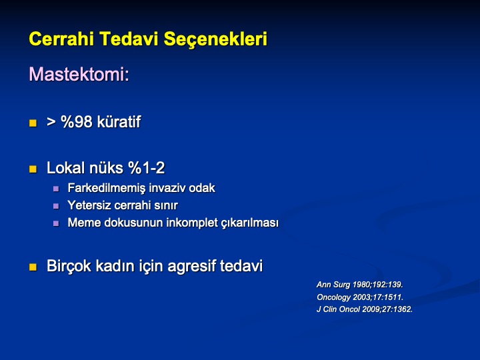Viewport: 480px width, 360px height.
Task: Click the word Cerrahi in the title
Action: point(61,39)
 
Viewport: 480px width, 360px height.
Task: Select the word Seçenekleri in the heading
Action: point(215,40)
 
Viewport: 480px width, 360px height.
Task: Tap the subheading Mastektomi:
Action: point(79,74)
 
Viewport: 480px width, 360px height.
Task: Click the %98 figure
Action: point(77,122)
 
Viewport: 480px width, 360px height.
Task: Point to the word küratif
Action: point(119,122)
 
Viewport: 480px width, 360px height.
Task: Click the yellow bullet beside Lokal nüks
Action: point(33,169)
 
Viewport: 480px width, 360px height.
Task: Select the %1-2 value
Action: point(146,168)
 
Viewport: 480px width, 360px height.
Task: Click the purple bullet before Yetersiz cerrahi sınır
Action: point(56,206)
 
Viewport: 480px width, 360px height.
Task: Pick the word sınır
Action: point(166,205)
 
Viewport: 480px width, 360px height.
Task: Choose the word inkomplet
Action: point(191,223)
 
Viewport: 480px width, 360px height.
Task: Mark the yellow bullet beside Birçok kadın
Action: point(33,267)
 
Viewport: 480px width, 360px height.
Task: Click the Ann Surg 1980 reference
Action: point(360,285)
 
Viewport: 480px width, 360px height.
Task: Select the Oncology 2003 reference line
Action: point(360,297)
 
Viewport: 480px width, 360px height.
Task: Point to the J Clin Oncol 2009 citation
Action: point(365,309)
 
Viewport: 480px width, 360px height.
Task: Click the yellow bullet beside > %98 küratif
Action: point(33,123)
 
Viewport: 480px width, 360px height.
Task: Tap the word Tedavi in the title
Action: point(129,39)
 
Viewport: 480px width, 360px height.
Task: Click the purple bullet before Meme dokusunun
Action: point(56,223)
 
